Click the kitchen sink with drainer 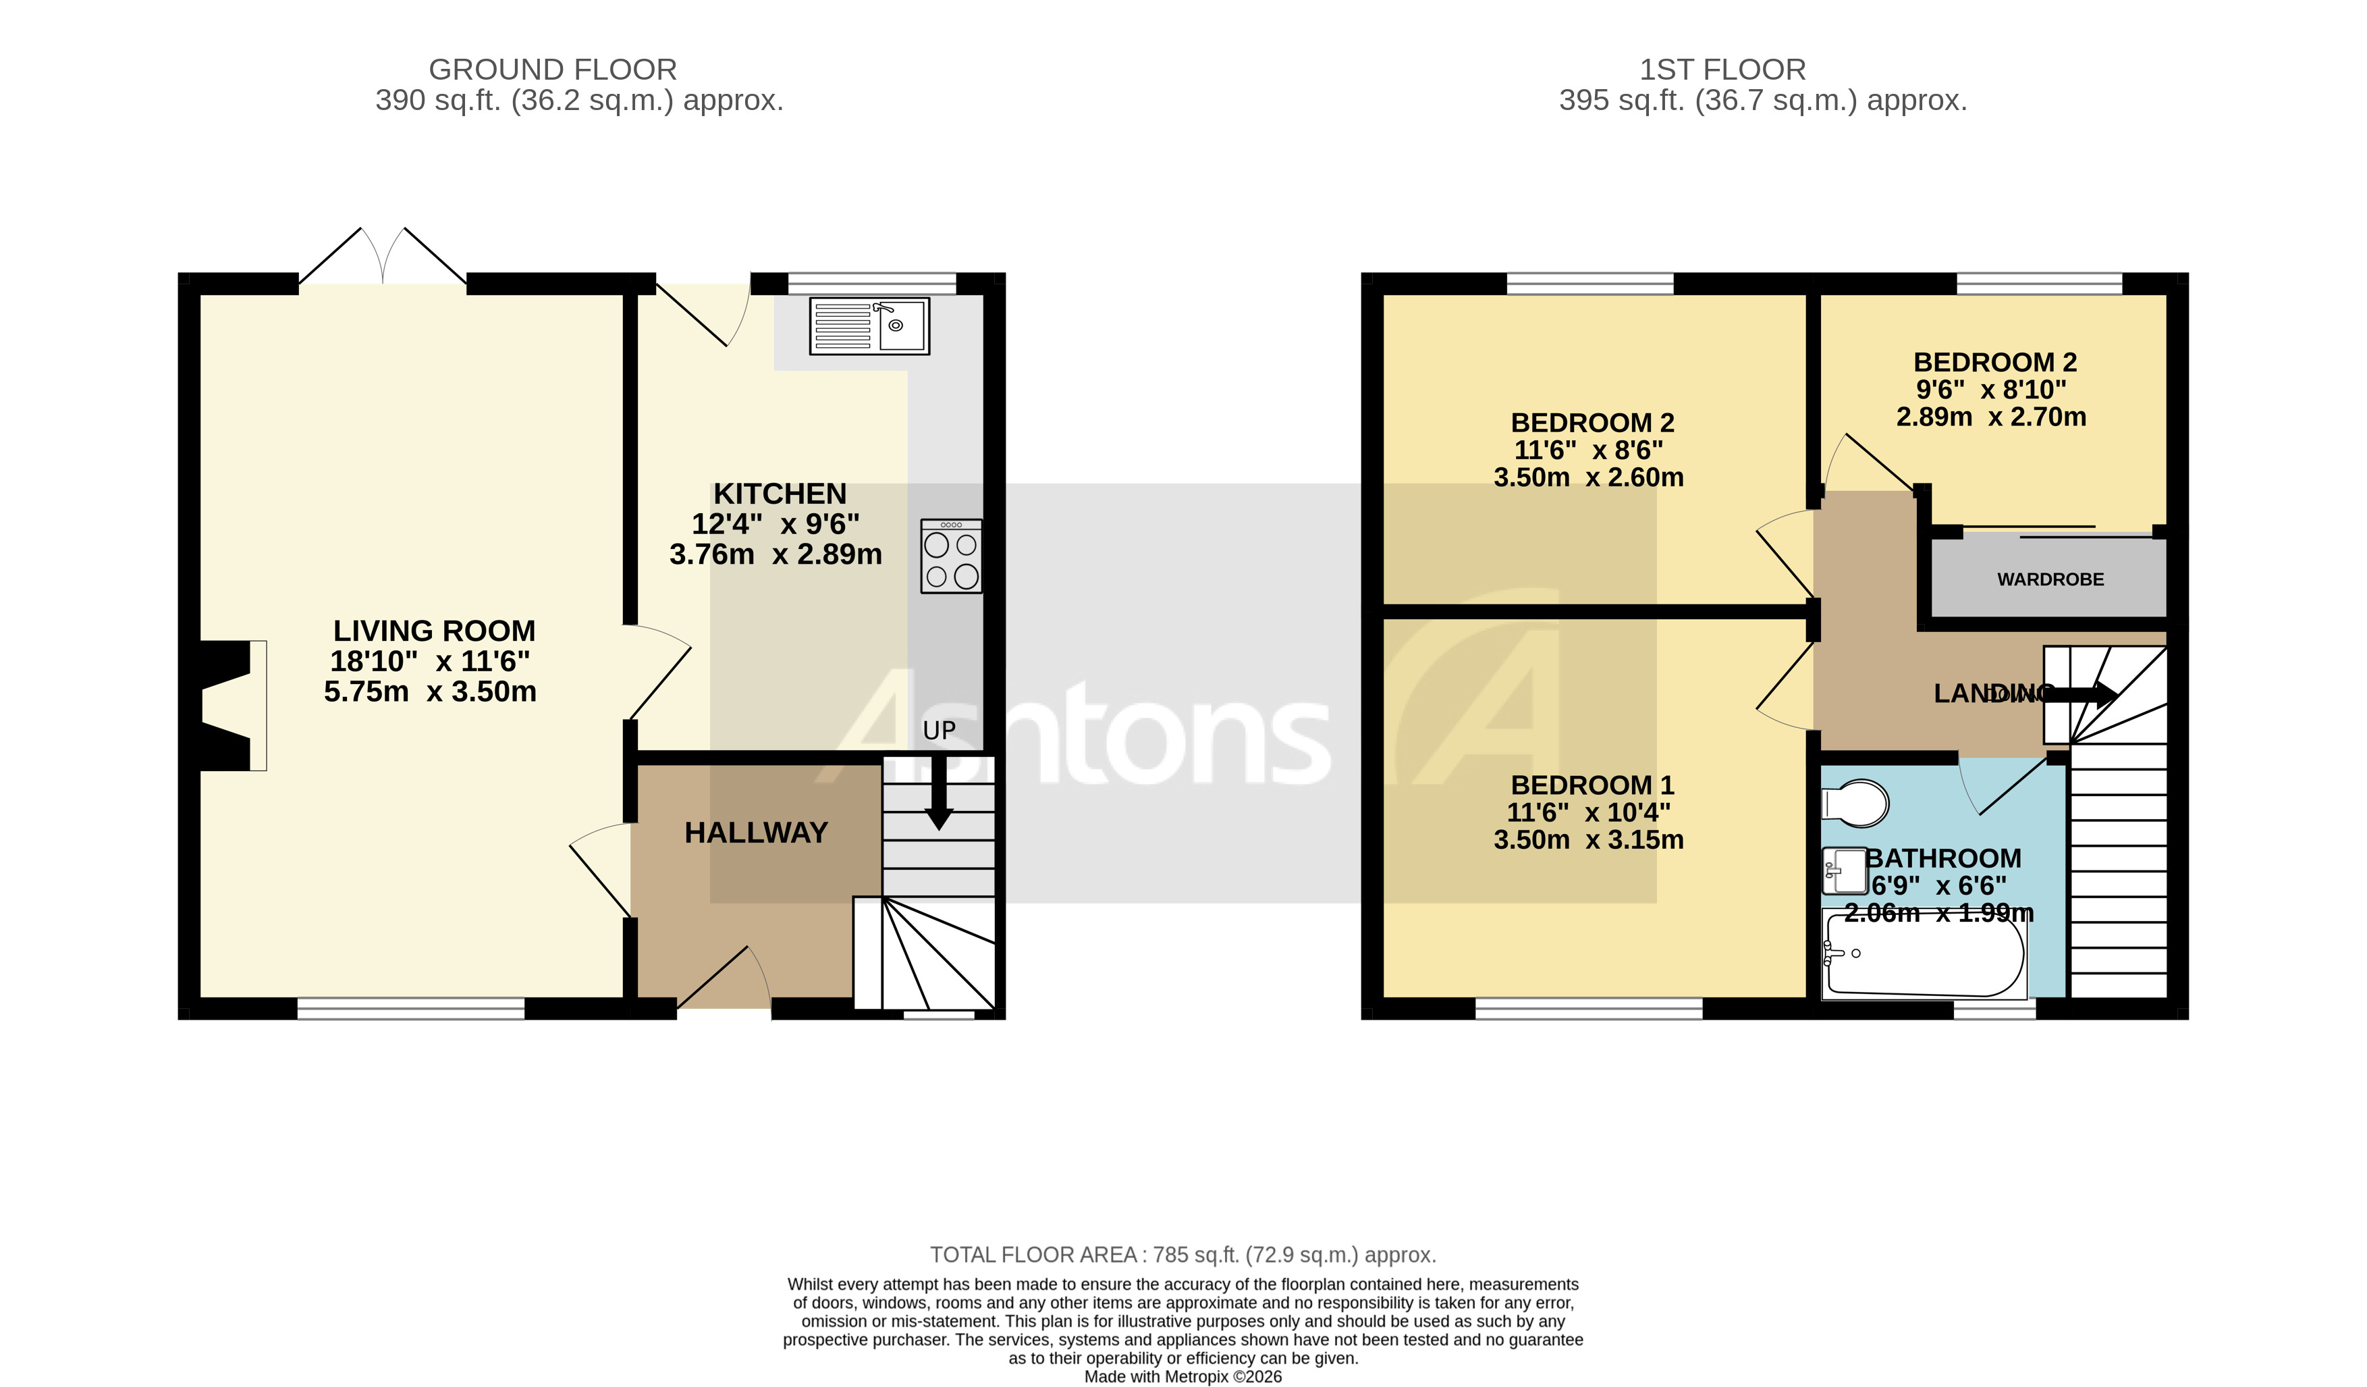point(869,326)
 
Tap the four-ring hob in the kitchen point(950,556)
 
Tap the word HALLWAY point(756,833)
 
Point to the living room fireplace point(230,706)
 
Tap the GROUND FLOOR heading point(552,70)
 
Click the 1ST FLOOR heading point(1722,70)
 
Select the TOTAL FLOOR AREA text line point(1182,1255)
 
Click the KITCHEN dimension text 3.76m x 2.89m point(776,554)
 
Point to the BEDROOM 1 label point(1592,785)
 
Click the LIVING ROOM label point(434,631)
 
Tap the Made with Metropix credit point(1182,1377)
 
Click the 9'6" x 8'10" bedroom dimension point(1990,389)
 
